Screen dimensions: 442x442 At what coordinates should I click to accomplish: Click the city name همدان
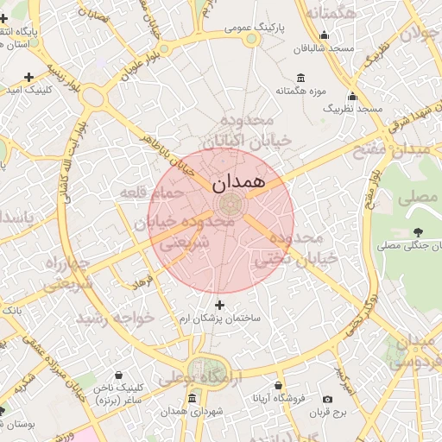[230, 183]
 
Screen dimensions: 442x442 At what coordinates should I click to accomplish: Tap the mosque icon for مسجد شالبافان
[324, 35]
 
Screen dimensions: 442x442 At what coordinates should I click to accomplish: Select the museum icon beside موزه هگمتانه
[300, 78]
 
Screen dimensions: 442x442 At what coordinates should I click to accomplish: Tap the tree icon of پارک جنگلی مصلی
[419, 231]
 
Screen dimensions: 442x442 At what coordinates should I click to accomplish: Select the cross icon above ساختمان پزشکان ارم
[219, 305]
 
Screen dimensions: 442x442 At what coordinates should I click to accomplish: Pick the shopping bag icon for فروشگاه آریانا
[278, 385]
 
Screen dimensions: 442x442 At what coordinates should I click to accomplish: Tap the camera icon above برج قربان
[327, 399]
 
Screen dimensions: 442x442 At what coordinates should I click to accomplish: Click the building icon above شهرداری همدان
[192, 398]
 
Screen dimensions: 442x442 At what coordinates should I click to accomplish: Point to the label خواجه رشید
[115, 318]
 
